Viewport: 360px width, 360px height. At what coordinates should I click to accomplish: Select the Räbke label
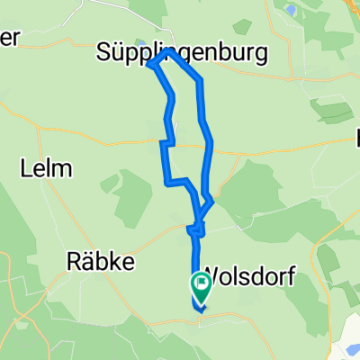click(x=101, y=261)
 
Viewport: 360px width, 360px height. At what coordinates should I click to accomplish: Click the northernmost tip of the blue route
click(x=163, y=53)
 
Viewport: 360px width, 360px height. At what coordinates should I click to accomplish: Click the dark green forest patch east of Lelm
click(x=132, y=193)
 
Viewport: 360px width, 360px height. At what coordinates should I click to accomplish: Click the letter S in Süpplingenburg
click(x=103, y=54)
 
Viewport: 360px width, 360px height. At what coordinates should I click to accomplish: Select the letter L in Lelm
click(x=25, y=167)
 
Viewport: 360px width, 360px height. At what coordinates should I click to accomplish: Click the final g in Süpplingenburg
click(x=260, y=56)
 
